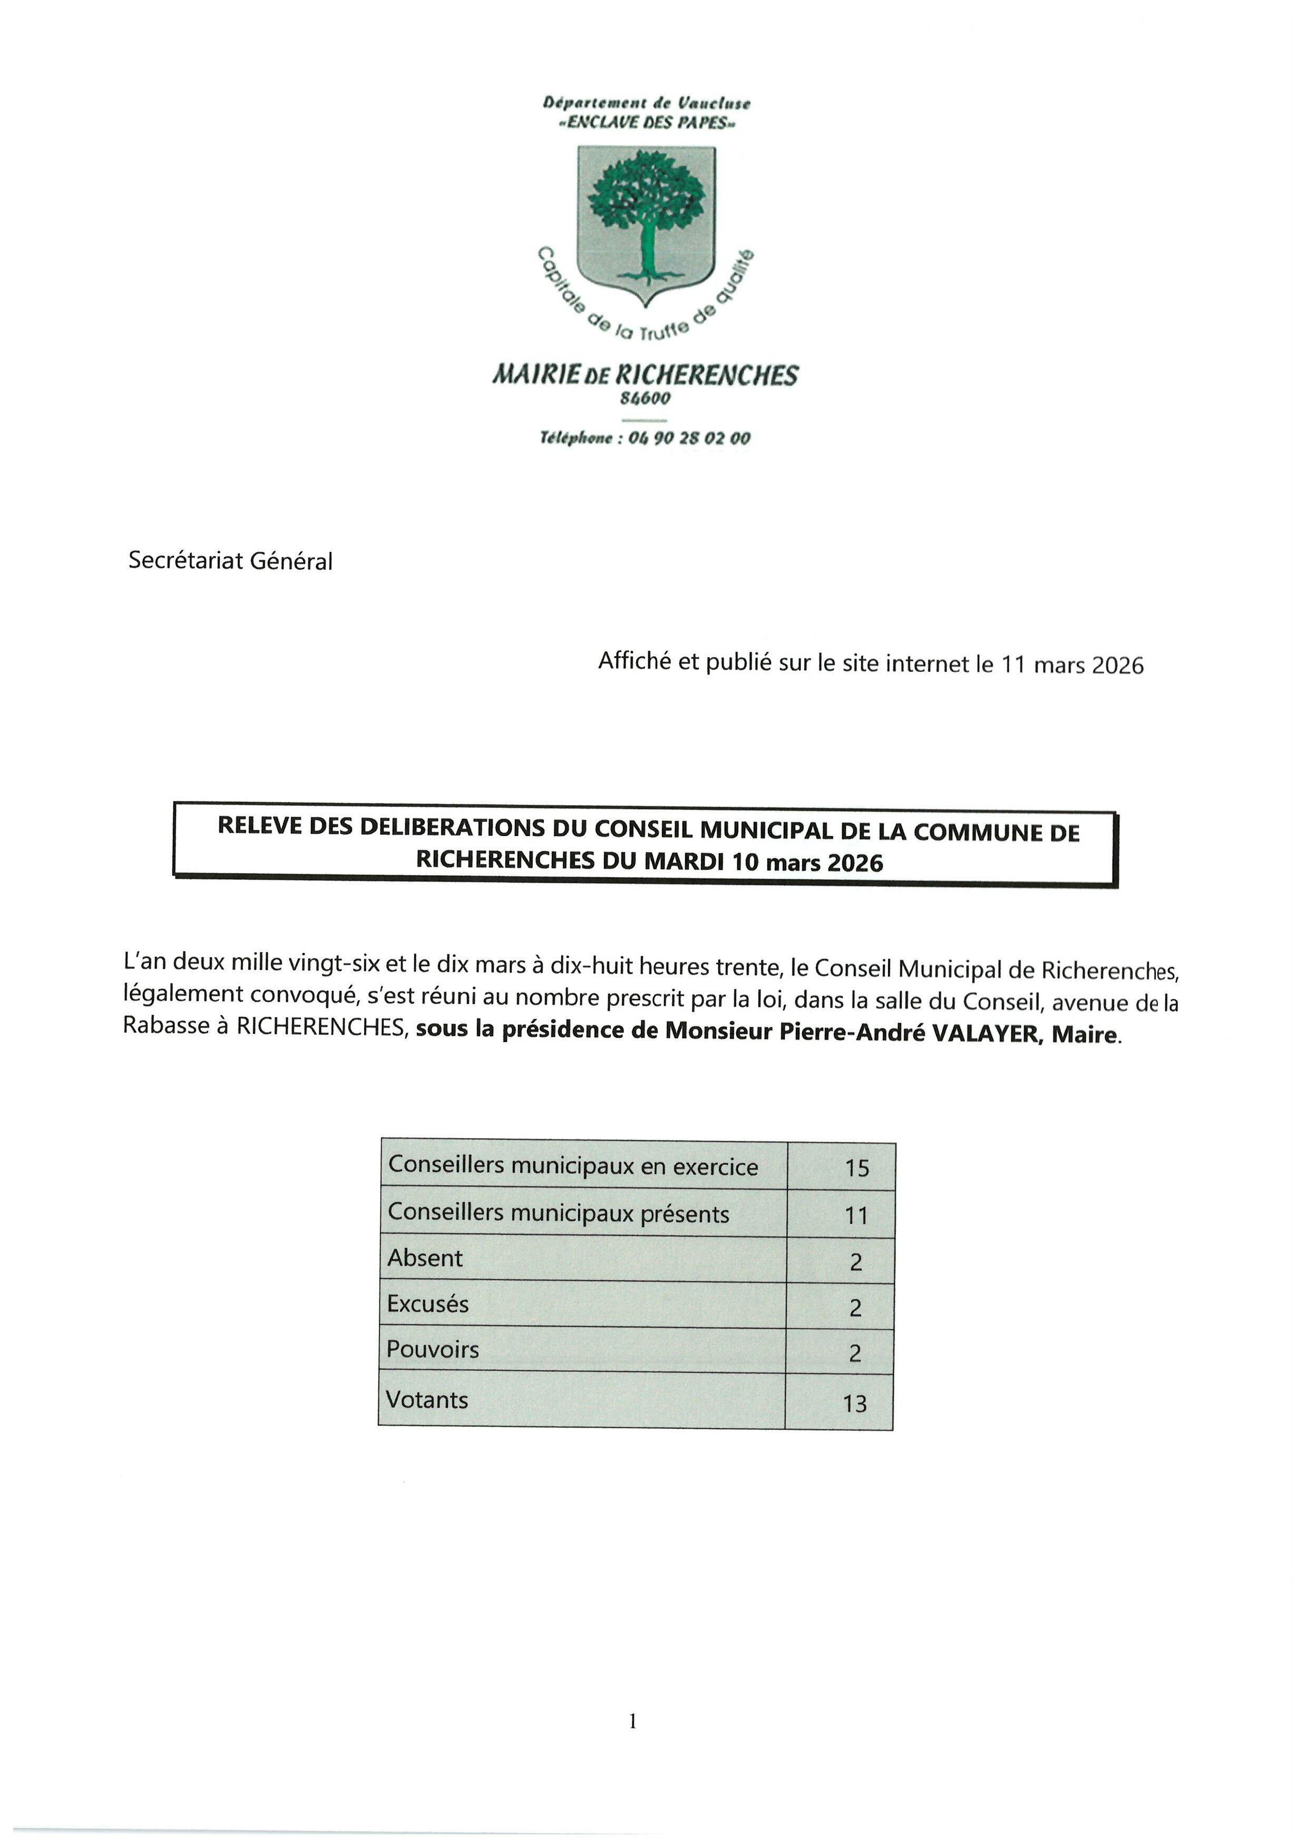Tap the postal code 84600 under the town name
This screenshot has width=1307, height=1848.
(x=645, y=398)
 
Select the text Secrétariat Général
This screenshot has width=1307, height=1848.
(x=230, y=561)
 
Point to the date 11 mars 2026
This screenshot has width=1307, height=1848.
(x=1072, y=665)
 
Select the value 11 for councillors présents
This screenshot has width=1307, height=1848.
(x=856, y=1215)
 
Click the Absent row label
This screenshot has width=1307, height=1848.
(x=425, y=1258)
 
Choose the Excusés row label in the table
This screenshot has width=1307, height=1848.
(x=427, y=1304)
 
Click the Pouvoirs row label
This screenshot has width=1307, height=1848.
(x=433, y=1350)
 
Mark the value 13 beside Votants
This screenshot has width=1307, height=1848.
(x=854, y=1404)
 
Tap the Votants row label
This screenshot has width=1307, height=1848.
(x=427, y=1400)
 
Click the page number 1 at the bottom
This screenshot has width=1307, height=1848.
(x=633, y=1721)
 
